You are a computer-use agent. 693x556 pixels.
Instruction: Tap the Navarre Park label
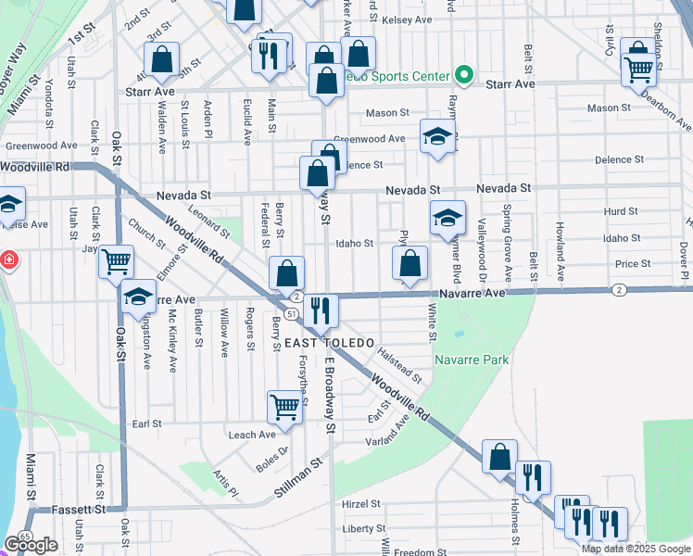tap(470, 360)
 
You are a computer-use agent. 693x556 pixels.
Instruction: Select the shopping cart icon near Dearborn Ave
tap(638, 66)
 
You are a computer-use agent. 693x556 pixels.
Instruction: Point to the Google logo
tap(31, 545)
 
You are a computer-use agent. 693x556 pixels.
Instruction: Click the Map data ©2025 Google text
tap(636, 549)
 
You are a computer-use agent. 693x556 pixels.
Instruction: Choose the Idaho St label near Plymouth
tap(354, 244)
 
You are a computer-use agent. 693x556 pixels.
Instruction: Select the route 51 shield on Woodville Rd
tap(290, 314)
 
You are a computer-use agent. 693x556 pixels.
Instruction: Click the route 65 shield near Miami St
tap(25, 537)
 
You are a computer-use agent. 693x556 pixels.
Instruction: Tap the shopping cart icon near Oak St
tap(117, 261)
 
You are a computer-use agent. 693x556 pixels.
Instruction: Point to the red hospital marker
tap(7, 260)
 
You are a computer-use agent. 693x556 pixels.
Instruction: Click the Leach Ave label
tap(252, 435)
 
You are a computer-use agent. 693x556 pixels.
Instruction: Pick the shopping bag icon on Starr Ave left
tap(162, 58)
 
